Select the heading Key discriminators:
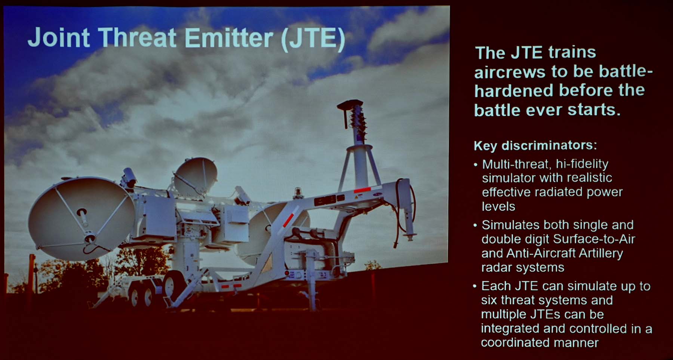click(535, 145)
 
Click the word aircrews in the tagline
click(510, 72)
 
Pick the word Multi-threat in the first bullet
click(516, 164)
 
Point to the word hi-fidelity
click(582, 164)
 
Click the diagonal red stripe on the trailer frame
click(288, 220)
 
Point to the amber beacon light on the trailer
click(298, 192)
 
